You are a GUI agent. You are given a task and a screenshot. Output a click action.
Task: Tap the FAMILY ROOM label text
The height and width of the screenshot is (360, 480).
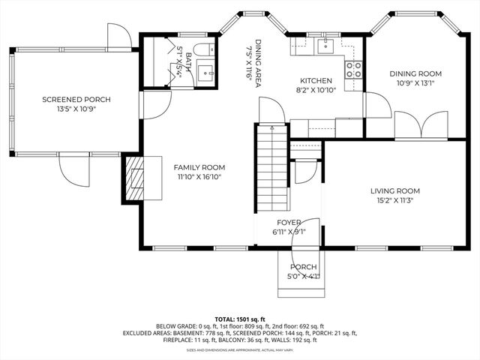(x=199, y=167)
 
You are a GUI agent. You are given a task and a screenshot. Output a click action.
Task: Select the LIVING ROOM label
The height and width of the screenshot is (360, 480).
(x=395, y=190)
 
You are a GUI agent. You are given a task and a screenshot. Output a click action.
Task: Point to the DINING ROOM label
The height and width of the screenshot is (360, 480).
(x=415, y=73)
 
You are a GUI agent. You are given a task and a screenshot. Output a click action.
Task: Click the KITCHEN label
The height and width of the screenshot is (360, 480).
(x=316, y=80)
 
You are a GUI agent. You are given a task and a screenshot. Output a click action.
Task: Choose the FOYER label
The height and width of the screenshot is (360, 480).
(x=289, y=223)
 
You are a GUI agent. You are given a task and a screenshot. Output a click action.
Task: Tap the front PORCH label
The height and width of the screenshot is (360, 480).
(x=304, y=267)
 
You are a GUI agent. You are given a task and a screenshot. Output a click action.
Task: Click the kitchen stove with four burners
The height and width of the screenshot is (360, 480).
(x=353, y=70)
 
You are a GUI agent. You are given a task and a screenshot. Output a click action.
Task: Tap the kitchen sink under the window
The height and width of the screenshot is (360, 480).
(x=327, y=46)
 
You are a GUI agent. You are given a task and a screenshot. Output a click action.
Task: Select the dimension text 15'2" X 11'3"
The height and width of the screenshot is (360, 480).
(x=395, y=200)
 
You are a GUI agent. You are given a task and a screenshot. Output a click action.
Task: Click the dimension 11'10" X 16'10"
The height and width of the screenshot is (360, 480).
(x=199, y=177)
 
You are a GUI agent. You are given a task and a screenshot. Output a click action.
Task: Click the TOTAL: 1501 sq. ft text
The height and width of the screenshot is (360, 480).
(x=240, y=319)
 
